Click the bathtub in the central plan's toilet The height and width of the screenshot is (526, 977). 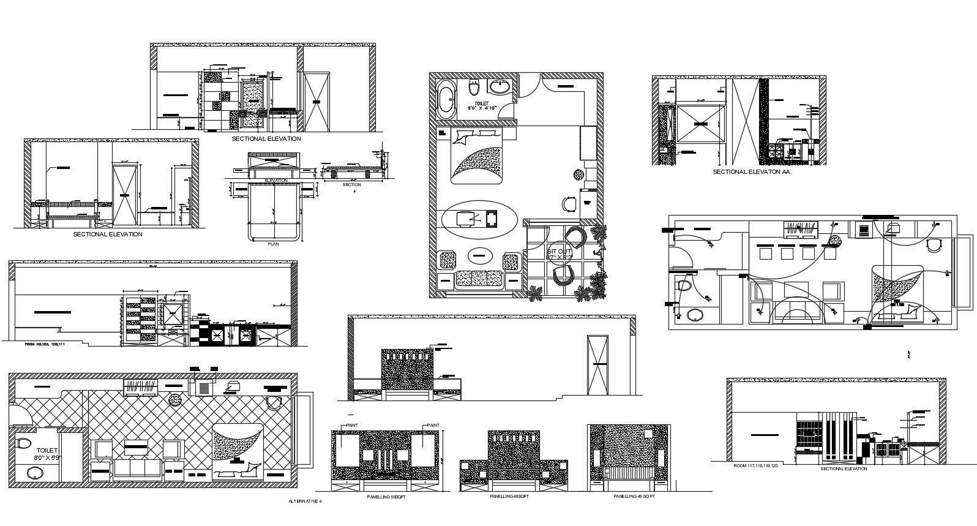[445, 99]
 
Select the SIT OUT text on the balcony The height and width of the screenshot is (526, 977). [559, 251]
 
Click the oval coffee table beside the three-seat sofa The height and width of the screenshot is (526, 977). [480, 255]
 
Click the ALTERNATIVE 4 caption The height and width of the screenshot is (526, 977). [304, 501]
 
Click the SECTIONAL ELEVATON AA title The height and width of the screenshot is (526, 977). [751, 173]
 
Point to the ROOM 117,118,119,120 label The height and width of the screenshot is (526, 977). [756, 466]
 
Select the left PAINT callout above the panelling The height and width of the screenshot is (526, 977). [352, 425]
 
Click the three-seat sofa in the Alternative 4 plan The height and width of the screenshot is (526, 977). [137, 470]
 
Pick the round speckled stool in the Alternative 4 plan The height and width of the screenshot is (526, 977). [175, 400]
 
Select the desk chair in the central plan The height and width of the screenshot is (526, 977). [569, 203]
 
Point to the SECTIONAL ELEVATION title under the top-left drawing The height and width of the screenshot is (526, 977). [266, 139]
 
